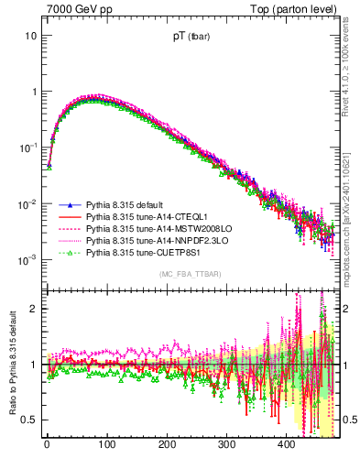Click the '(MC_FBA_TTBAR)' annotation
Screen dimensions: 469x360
pyautogui.click(x=190, y=275)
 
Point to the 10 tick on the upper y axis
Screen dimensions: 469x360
pyautogui.click(x=31, y=36)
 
